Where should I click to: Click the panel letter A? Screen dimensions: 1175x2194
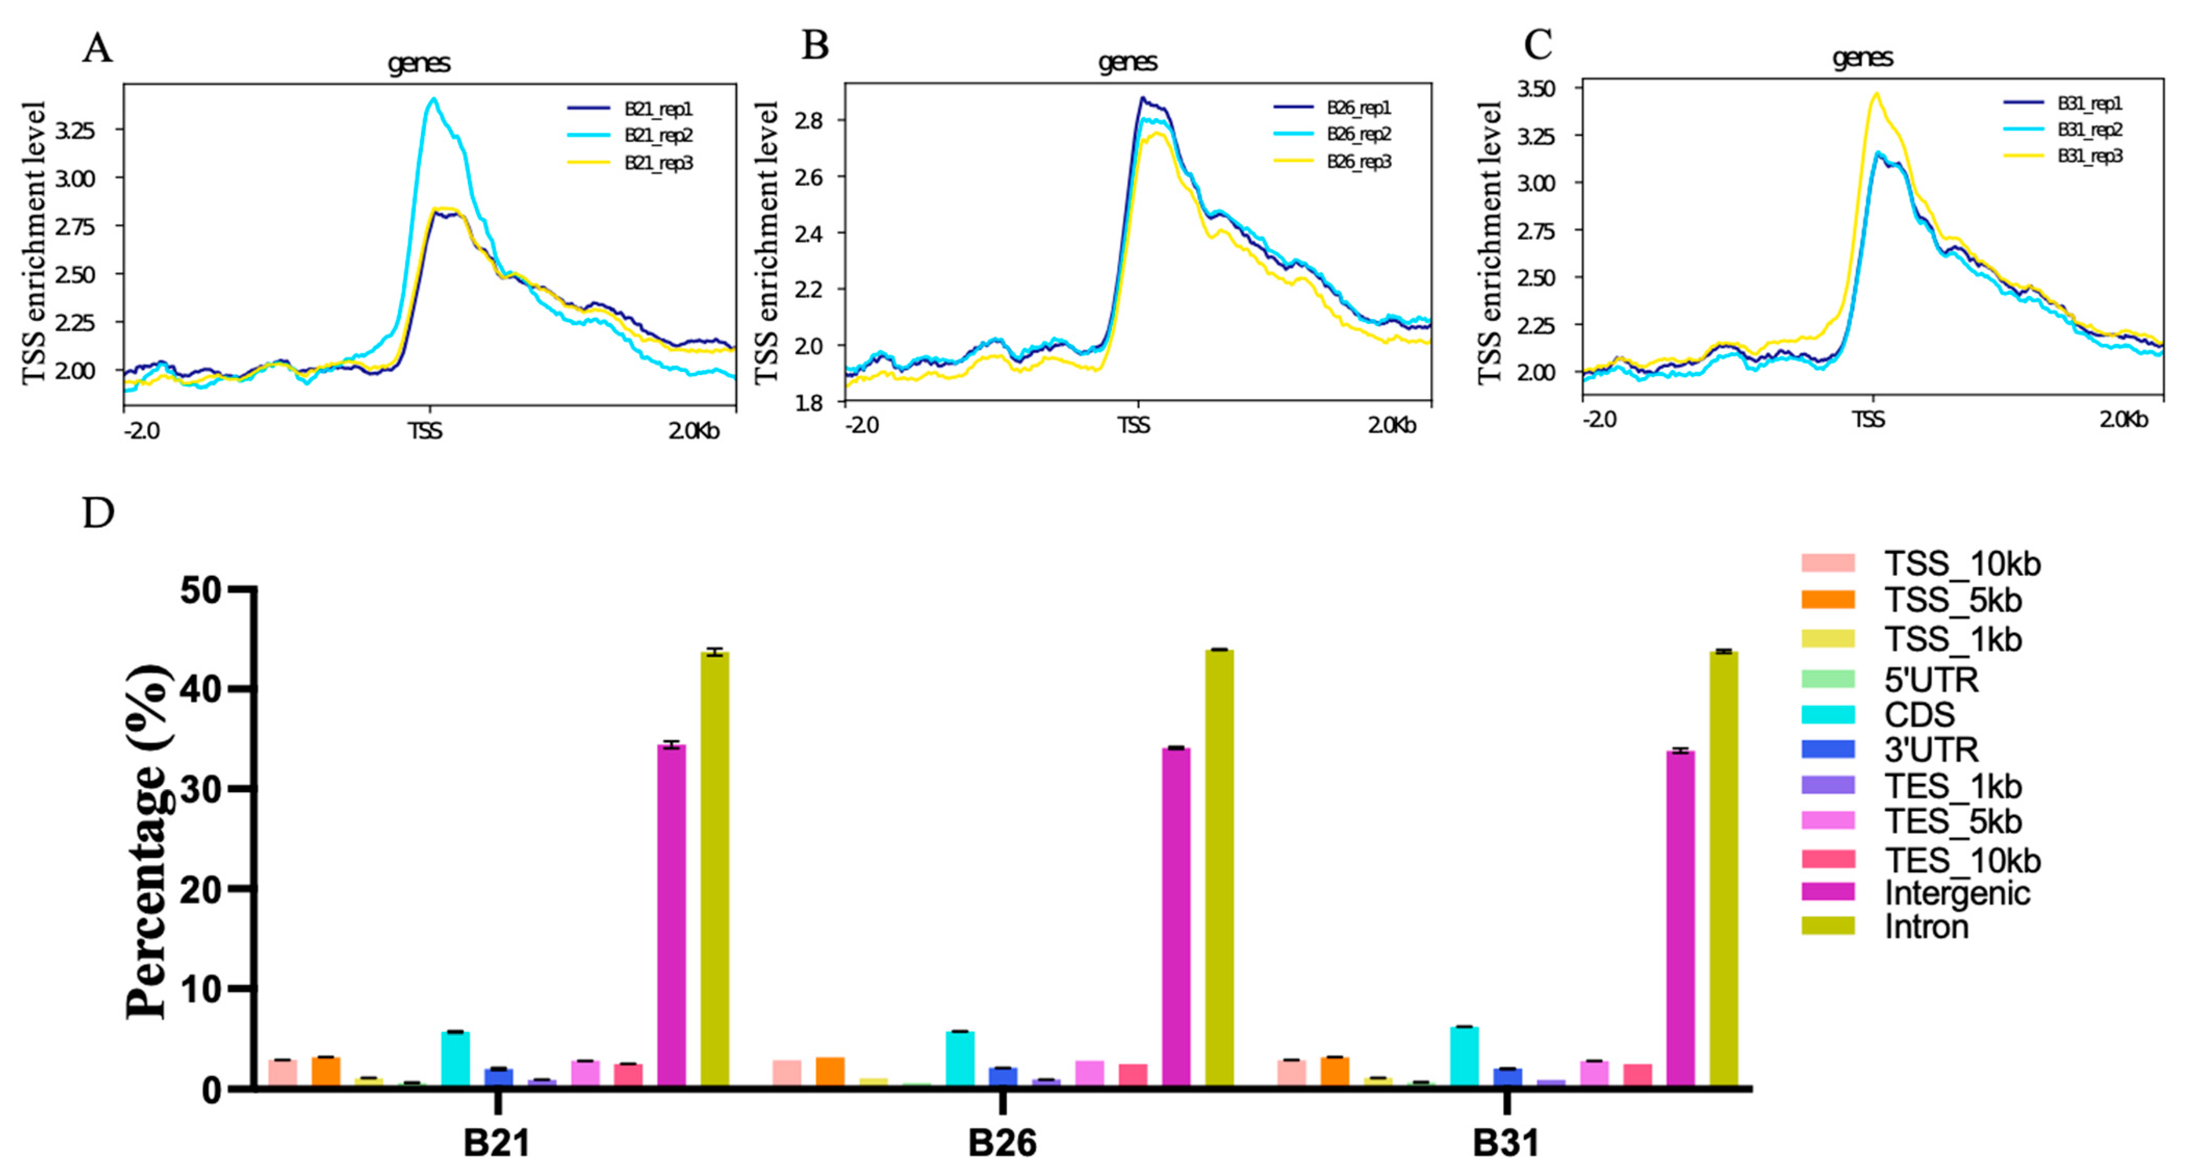click(x=97, y=48)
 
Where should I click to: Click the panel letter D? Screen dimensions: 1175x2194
click(x=98, y=513)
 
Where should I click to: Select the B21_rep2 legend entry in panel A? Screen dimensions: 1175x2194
click(x=658, y=135)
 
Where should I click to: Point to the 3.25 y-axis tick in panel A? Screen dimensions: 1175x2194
click(x=75, y=130)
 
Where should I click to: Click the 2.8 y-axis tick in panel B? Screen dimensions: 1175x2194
click(x=809, y=121)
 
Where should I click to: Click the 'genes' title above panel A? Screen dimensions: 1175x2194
click(x=418, y=63)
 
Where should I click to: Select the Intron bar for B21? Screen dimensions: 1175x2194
click(x=714, y=869)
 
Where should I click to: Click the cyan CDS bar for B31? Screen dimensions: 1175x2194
click(x=1464, y=1056)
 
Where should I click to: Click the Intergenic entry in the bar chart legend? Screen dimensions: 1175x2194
click(x=1956, y=893)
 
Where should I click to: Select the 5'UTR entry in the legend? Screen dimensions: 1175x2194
click(x=1930, y=679)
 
